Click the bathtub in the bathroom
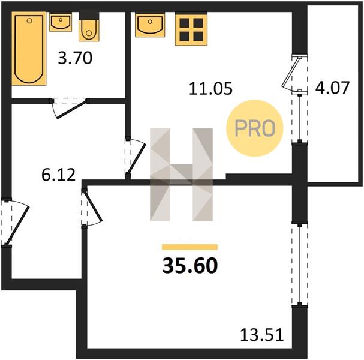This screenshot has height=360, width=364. click(x=29, y=49)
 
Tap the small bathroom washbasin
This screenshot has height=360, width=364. click(x=61, y=22)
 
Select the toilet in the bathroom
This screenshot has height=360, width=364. click(x=89, y=31)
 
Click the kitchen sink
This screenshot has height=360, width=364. click(x=150, y=25)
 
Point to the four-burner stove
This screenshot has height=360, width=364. click(x=191, y=30)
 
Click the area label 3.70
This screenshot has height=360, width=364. click(x=75, y=58)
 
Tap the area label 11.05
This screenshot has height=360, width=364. click(x=210, y=88)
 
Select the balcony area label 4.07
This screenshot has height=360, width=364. click(x=332, y=88)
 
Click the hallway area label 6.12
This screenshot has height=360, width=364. click(x=59, y=175)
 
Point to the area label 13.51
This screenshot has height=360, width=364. click(x=262, y=335)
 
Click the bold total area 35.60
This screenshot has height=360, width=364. click(x=190, y=266)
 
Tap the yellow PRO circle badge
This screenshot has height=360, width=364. click(x=255, y=128)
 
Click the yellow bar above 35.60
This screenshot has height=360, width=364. click(x=190, y=247)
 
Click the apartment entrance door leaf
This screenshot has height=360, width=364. click(x=17, y=225)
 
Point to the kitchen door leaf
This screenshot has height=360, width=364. click(x=137, y=159)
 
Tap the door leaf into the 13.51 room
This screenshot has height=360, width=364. click(x=93, y=205)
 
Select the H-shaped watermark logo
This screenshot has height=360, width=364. click(x=181, y=175)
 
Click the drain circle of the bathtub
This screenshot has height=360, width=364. click(x=29, y=21)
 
